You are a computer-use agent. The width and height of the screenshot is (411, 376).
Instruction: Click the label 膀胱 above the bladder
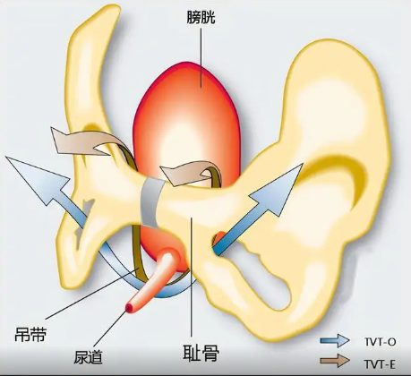(x=201, y=18)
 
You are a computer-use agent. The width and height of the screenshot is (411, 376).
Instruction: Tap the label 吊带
(x=30, y=334)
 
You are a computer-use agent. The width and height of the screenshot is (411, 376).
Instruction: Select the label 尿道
(x=89, y=356)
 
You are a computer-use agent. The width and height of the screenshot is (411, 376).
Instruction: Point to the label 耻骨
(x=201, y=353)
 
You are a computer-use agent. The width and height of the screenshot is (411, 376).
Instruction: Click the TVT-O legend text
(x=380, y=342)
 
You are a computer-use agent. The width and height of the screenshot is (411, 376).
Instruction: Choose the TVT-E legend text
(x=380, y=364)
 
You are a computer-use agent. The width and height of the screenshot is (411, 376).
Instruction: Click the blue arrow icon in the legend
(x=335, y=340)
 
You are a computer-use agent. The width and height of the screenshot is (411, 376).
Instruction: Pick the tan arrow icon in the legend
(x=335, y=361)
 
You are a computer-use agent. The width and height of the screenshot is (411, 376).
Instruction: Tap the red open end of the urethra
(x=130, y=307)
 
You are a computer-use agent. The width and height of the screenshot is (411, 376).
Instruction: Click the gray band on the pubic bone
(x=151, y=202)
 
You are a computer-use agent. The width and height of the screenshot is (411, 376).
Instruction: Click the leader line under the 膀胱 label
(x=201, y=57)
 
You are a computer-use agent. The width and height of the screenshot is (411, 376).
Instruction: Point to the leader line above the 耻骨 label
(x=192, y=279)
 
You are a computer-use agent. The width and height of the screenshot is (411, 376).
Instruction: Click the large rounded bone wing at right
(x=338, y=119)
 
